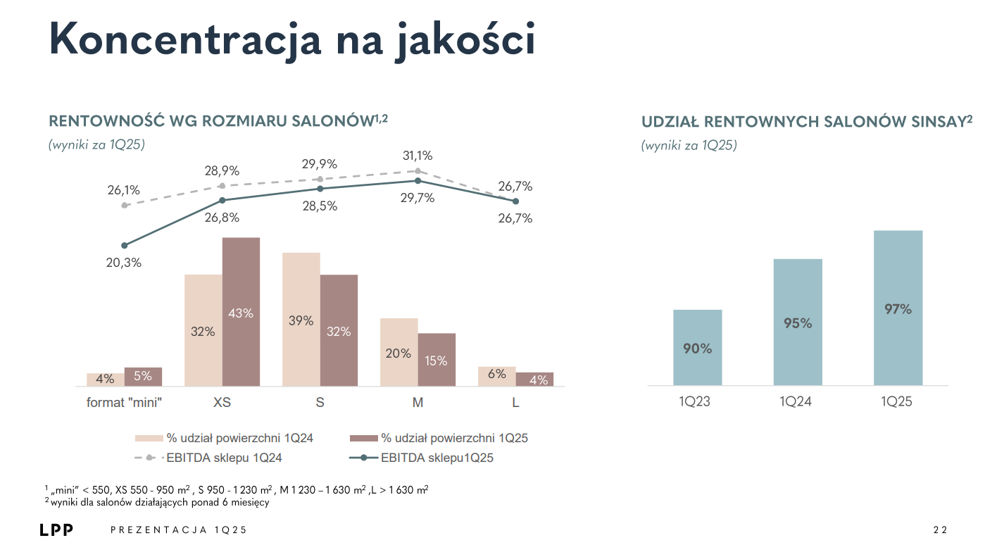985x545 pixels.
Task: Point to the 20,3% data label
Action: point(125,263)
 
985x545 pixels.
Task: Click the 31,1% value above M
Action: point(418,156)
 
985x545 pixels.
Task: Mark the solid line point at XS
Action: point(222,200)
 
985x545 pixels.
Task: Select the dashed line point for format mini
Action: point(125,205)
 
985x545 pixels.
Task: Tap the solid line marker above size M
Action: point(418,180)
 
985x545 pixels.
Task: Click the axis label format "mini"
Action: point(125,403)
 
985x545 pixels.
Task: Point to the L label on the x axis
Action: point(515,403)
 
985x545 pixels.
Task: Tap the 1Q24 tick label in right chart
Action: point(797,401)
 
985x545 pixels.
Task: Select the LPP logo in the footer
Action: point(56,530)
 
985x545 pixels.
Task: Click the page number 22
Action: point(941,530)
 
